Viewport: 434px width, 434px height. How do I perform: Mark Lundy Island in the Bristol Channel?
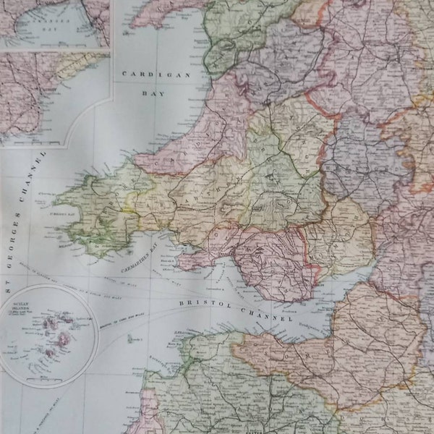pos(130,339)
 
